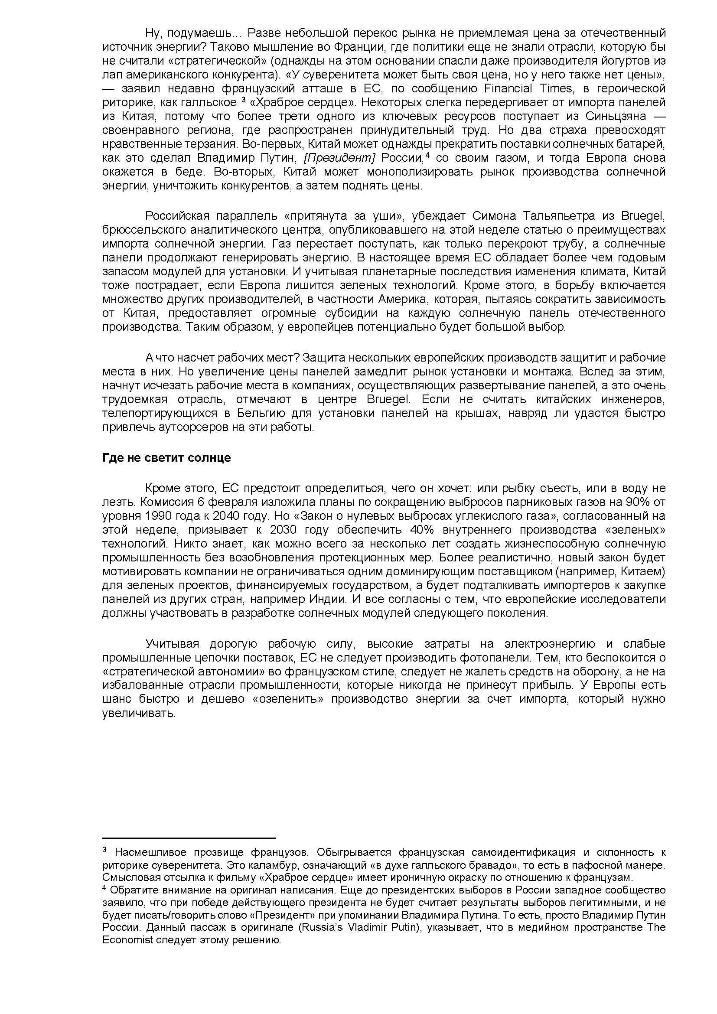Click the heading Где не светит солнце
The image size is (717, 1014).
coord(166,457)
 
